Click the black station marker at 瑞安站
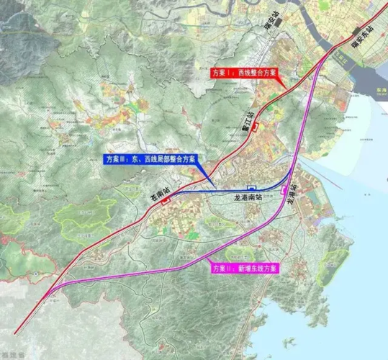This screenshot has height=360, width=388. pyautogui.click(x=276, y=37)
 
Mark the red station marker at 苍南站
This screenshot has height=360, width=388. pyautogui.click(x=166, y=202)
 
